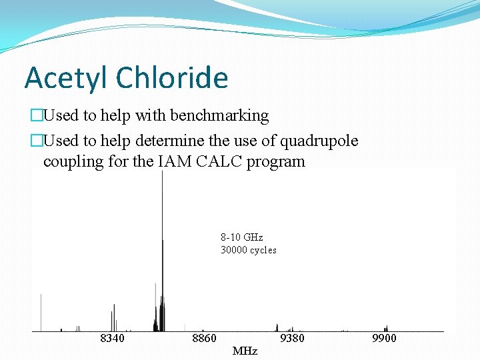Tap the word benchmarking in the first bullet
click(x=219, y=115)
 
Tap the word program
click(x=276, y=161)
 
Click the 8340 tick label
click(x=111, y=339)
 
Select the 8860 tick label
click(x=204, y=339)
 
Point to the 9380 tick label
click(x=292, y=339)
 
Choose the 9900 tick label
click(x=384, y=339)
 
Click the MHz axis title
click(x=245, y=351)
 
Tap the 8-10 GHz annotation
click(x=242, y=237)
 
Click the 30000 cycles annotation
click(x=248, y=250)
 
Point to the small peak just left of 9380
click(x=277, y=327)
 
